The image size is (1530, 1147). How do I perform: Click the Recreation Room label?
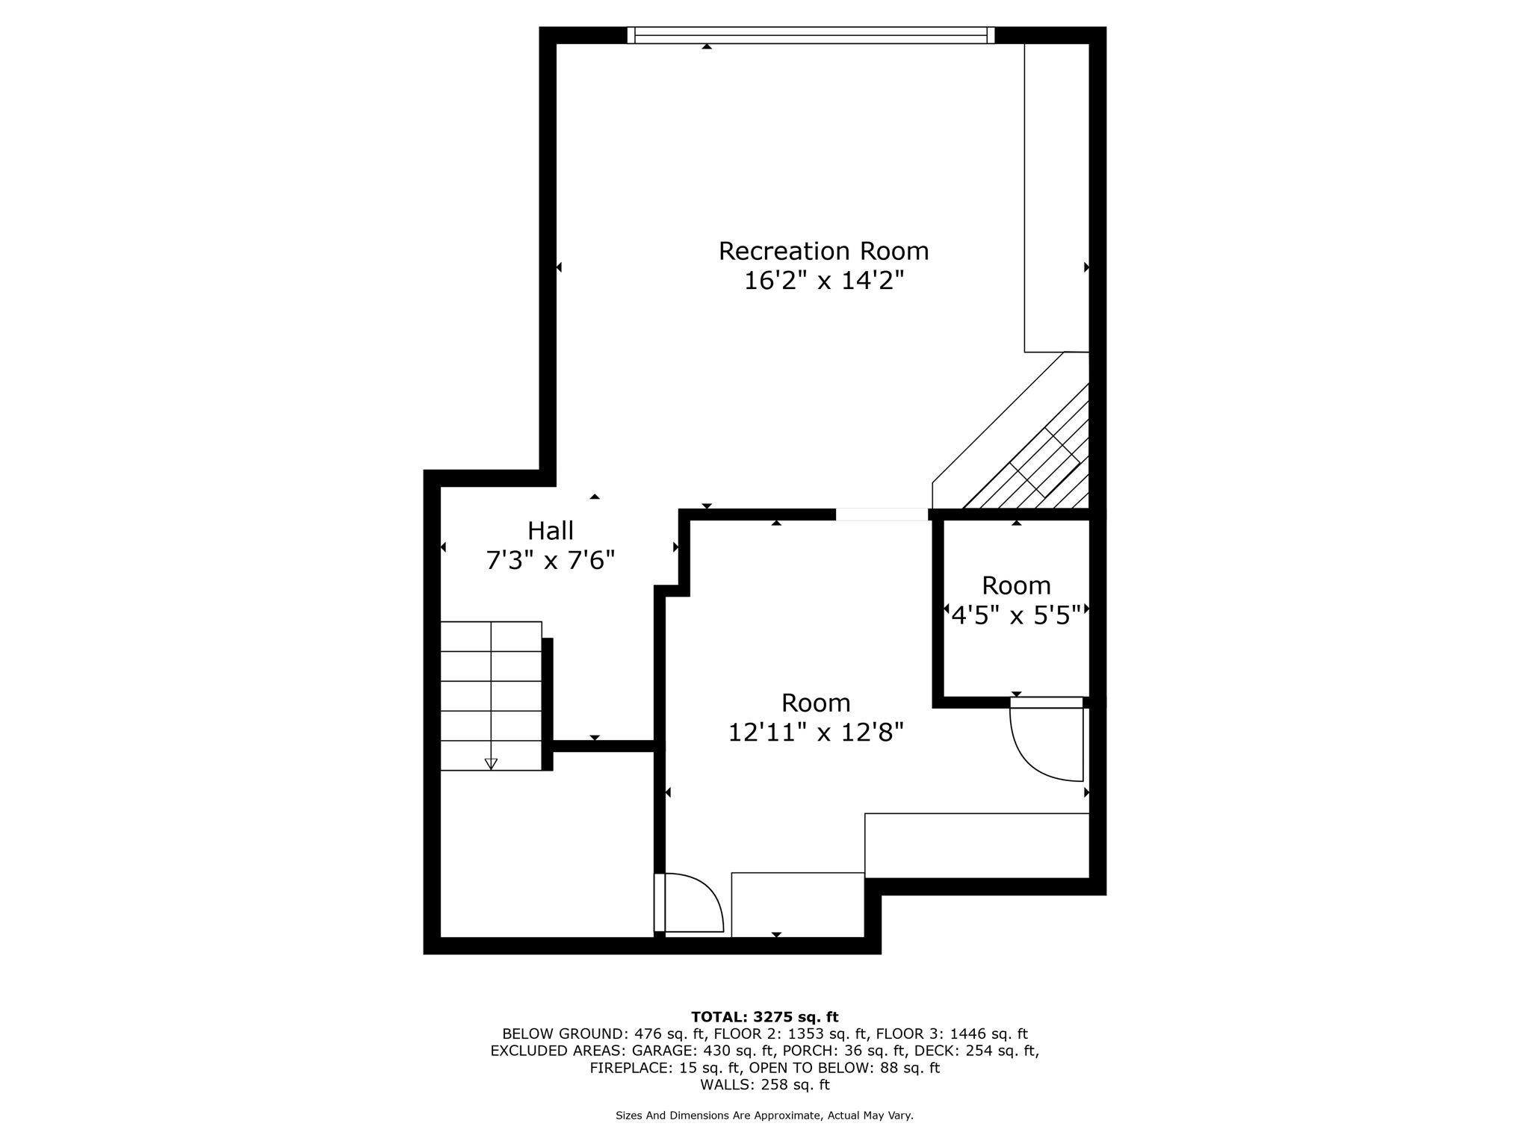(x=823, y=252)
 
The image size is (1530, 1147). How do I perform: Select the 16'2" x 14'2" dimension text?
(x=824, y=282)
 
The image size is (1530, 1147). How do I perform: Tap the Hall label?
(x=551, y=531)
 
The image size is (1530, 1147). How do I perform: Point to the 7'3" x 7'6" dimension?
(x=551, y=560)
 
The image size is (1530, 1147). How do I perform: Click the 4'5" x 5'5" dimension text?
(x=1016, y=615)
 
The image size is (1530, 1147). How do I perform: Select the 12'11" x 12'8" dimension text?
(x=816, y=733)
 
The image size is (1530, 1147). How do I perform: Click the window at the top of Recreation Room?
(x=811, y=35)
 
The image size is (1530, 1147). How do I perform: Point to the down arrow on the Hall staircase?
(x=491, y=763)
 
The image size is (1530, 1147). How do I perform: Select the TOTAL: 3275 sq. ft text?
(x=765, y=1016)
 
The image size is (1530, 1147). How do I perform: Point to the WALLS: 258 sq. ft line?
(x=765, y=1085)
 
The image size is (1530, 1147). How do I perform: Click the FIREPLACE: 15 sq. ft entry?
(x=666, y=1068)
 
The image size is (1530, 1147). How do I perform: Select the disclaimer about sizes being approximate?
(x=764, y=1116)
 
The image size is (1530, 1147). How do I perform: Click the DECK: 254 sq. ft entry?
(x=970, y=1051)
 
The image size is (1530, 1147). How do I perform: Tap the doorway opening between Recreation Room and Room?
(x=882, y=514)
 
